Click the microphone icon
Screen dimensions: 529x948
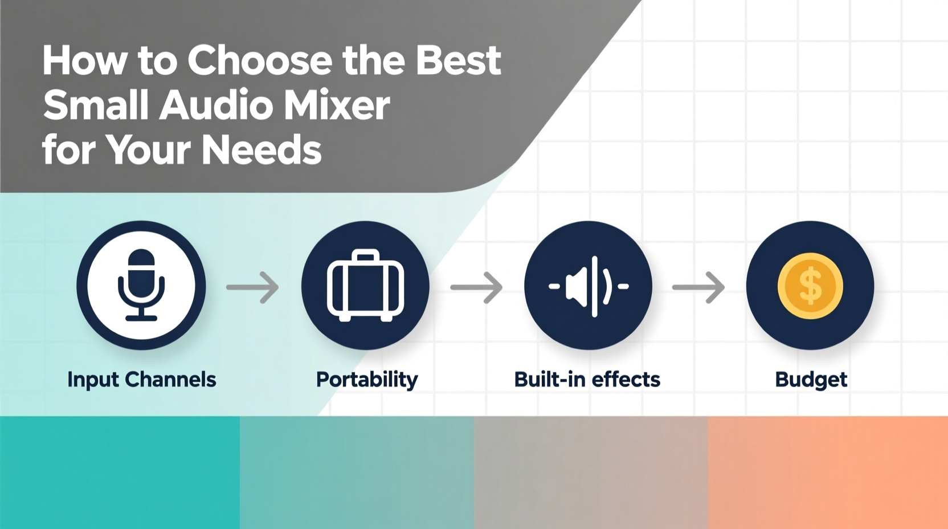(x=141, y=285)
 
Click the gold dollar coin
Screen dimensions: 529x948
(x=810, y=286)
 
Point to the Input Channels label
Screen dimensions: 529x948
(x=141, y=380)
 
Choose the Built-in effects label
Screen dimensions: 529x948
(x=587, y=380)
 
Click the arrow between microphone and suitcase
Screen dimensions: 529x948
(x=253, y=287)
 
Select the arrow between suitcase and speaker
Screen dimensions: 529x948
(x=477, y=287)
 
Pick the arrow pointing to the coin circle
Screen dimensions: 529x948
(x=698, y=287)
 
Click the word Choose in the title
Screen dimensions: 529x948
(x=260, y=60)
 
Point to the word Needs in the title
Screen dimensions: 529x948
(x=261, y=150)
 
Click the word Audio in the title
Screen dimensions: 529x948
(x=216, y=105)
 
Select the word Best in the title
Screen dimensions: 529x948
(x=458, y=60)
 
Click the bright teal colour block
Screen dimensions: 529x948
(x=120, y=472)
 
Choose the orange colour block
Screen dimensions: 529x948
(x=828, y=472)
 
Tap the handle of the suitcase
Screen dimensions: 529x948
(x=365, y=255)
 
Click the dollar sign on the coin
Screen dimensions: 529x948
(x=810, y=286)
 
